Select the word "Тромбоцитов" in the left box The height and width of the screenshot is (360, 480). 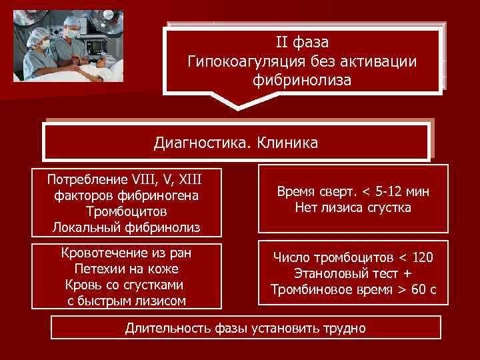coord(127,211)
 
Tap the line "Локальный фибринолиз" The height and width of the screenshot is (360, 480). coord(127,228)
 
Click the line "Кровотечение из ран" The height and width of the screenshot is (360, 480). coord(127,253)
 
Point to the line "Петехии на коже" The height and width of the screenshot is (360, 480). coord(127,269)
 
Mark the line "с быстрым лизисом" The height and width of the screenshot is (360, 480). coord(127,301)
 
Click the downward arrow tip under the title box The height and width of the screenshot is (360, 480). coord(237,106)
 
